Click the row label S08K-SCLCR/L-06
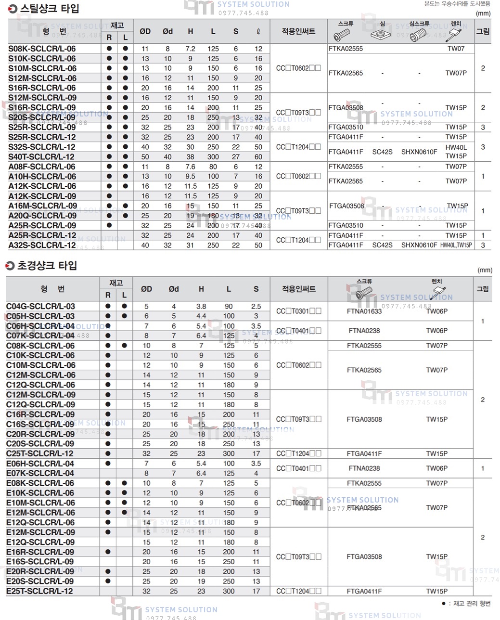(x=42, y=49)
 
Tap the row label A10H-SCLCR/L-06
(x=42, y=176)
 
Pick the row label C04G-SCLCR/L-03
(x=40, y=306)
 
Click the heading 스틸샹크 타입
(x=48, y=9)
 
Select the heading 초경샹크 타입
(x=47, y=266)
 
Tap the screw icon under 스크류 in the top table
(x=342, y=35)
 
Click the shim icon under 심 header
(x=381, y=35)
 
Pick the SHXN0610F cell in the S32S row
(x=419, y=152)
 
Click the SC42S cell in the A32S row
(x=382, y=245)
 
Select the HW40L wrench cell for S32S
(x=456, y=148)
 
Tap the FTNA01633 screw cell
(x=364, y=311)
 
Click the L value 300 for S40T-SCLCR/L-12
(x=213, y=156)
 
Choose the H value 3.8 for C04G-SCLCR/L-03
(x=201, y=306)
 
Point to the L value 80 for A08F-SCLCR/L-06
(x=213, y=167)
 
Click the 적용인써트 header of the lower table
(x=298, y=289)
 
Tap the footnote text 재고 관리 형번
(x=472, y=604)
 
